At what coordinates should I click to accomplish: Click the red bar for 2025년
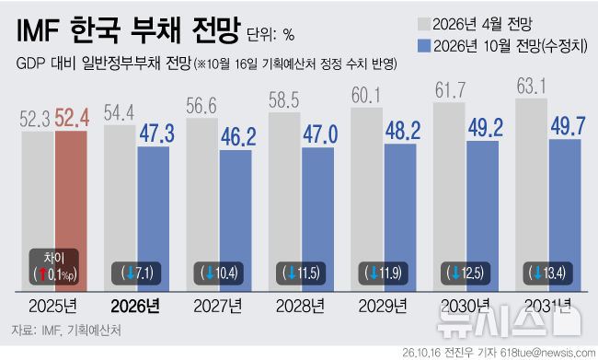tap(71, 211)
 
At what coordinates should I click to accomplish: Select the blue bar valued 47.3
tap(154, 219)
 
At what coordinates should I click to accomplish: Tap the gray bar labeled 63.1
tap(531, 194)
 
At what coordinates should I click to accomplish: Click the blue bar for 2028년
tap(317, 219)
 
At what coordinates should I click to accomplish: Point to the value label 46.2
tap(238, 137)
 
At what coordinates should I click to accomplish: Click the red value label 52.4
tap(72, 118)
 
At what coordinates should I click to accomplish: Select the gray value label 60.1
tap(366, 95)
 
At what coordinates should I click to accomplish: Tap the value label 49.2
tap(486, 128)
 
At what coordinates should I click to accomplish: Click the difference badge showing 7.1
tap(136, 273)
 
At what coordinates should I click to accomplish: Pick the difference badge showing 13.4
tap(547, 273)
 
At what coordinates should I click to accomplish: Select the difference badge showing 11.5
tap(301, 273)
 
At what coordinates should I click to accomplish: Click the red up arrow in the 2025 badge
tap(42, 274)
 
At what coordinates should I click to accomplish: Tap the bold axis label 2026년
tap(135, 307)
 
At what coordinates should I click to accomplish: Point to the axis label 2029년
tap(383, 307)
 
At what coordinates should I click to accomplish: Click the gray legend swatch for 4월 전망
tap(424, 24)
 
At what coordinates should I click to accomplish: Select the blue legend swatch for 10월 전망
tap(424, 46)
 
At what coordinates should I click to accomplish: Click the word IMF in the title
tap(38, 30)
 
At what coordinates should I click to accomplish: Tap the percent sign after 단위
tap(289, 36)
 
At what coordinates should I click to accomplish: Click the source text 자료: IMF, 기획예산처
tap(66, 331)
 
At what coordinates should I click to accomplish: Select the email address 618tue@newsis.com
tap(548, 353)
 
